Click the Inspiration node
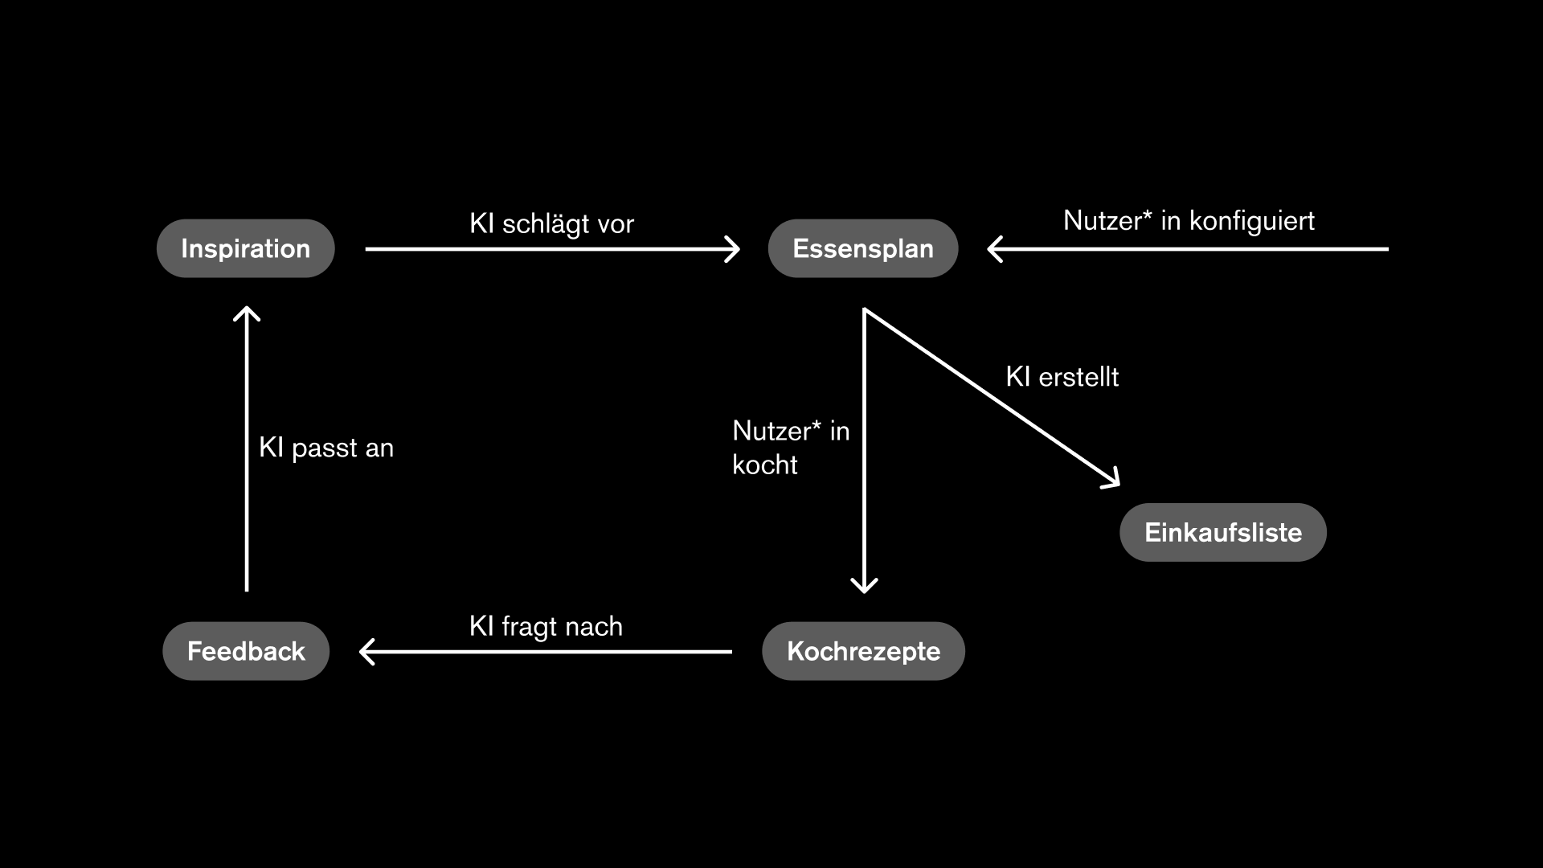point(245,248)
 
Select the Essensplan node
point(863,248)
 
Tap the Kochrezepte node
point(863,651)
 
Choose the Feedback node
point(246,651)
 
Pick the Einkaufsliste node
point(1222,532)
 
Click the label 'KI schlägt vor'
point(551,223)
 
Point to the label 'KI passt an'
point(326,448)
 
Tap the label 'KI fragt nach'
point(546,626)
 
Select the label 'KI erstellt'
point(1062,376)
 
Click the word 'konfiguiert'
point(1251,220)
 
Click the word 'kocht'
point(764,465)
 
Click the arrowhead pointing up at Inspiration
point(247,313)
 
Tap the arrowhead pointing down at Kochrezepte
point(864,587)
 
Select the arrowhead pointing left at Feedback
point(366,652)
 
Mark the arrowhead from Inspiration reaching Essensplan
point(733,249)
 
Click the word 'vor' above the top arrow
point(616,223)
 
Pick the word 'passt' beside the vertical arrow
point(325,448)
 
